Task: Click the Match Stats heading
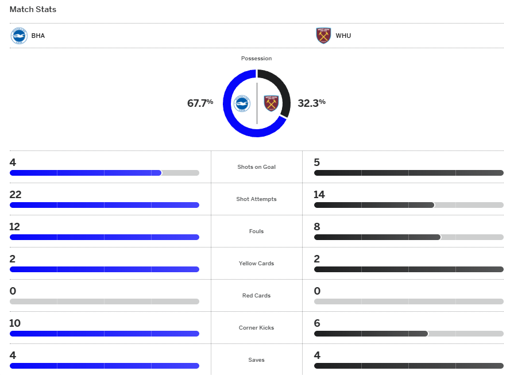click(x=33, y=10)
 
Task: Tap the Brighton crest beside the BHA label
click(x=19, y=36)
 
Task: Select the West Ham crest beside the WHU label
click(x=323, y=36)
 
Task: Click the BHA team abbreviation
click(x=38, y=36)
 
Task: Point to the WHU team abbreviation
click(x=343, y=36)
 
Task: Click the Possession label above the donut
click(x=256, y=59)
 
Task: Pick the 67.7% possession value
click(x=200, y=103)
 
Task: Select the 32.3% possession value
click(x=311, y=103)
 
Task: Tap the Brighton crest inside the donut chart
click(x=242, y=103)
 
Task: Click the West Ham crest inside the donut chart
click(x=271, y=103)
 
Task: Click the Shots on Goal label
click(x=256, y=167)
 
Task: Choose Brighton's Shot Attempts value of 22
click(x=16, y=195)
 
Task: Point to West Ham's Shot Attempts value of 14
click(x=319, y=195)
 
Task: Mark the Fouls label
click(x=256, y=231)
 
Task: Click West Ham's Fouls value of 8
click(x=317, y=227)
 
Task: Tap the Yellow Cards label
click(x=256, y=264)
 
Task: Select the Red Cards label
click(x=256, y=296)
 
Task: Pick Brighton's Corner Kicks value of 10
click(x=15, y=323)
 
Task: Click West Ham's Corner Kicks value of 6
click(x=317, y=323)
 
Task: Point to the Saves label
click(x=256, y=360)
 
